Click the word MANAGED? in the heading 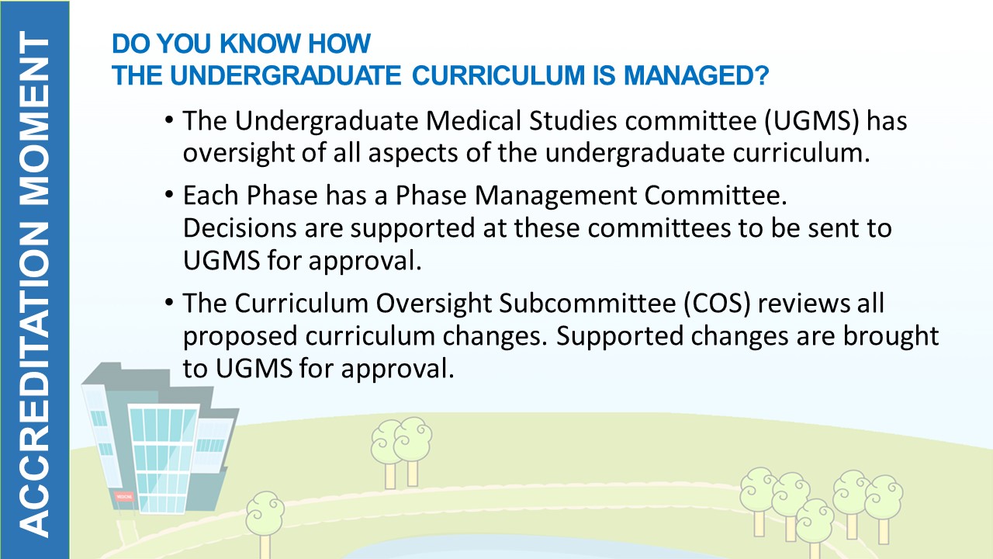pyautogui.click(x=696, y=75)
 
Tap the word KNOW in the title pyautogui.click(x=260, y=43)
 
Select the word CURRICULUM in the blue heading pyautogui.click(x=498, y=75)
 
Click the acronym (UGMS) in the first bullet pyautogui.click(x=811, y=120)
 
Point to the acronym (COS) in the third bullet pyautogui.click(x=716, y=304)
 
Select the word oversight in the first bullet pyautogui.click(x=238, y=153)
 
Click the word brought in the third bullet pyautogui.click(x=890, y=336)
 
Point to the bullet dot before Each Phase pyautogui.click(x=169, y=195)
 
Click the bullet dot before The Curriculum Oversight pyautogui.click(x=169, y=303)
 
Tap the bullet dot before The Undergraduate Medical pyautogui.click(x=169, y=120)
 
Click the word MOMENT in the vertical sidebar pyautogui.click(x=35, y=119)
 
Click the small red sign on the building pyautogui.click(x=124, y=496)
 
